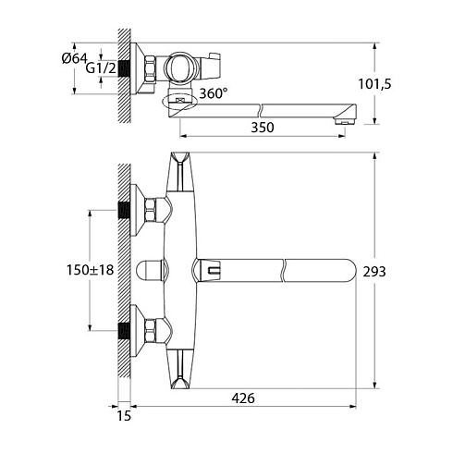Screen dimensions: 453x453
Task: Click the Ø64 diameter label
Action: (x=74, y=58)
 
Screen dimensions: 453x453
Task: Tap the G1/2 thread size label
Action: (x=101, y=68)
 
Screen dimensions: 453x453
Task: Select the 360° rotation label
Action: (x=214, y=93)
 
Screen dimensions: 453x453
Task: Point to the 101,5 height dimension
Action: (x=374, y=84)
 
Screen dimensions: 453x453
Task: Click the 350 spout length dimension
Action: (x=263, y=128)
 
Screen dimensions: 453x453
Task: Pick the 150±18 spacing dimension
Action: (x=91, y=270)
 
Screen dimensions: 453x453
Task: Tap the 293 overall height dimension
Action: (x=374, y=272)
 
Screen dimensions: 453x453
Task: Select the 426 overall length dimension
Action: (x=243, y=398)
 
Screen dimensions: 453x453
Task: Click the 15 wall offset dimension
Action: (x=124, y=416)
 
